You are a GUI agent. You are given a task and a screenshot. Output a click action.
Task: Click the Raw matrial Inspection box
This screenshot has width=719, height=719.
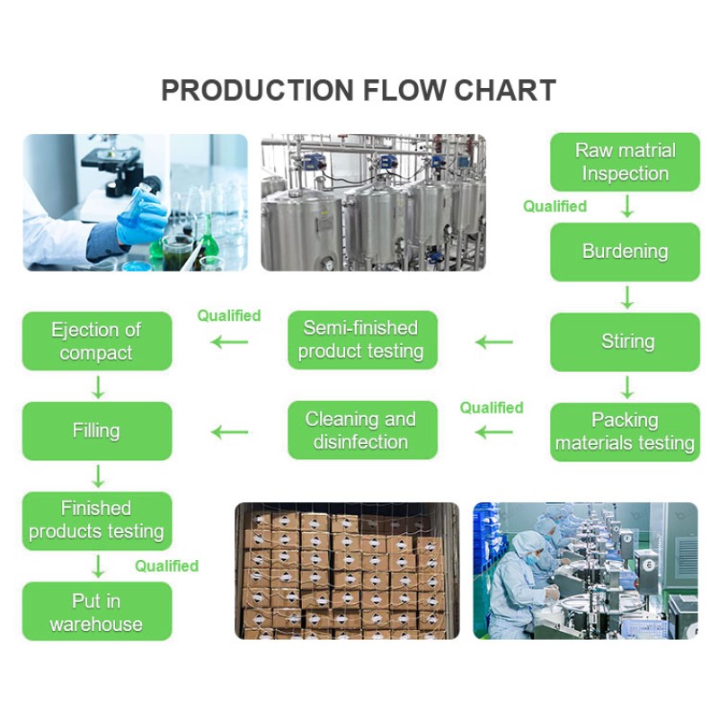pos(625,162)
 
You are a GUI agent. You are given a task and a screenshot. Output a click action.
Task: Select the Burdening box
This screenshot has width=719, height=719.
pos(625,252)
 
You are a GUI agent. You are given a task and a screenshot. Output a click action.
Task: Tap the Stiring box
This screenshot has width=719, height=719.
pos(625,342)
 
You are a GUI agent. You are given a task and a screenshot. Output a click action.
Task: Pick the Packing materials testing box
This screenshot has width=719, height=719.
pos(625,431)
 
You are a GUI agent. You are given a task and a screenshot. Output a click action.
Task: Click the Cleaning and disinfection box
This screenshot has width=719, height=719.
pos(361,431)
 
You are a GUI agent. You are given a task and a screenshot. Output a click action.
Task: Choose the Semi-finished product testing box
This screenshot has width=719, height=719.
pos(361,341)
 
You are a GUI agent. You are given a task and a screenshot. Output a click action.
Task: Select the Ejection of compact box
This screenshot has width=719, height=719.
pos(96,342)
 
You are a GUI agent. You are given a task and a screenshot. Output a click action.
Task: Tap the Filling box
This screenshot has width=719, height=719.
pos(96,431)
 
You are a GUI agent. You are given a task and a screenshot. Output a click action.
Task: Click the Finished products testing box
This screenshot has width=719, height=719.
pos(96,520)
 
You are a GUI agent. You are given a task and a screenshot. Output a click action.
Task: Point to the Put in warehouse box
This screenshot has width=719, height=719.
pos(96,612)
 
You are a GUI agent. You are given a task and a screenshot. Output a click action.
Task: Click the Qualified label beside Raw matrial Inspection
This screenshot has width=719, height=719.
pos(555,207)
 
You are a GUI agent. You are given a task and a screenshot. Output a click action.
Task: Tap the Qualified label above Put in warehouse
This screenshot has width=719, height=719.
pos(166,566)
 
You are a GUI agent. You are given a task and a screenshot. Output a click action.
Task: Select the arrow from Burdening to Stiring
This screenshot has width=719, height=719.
pos(626,297)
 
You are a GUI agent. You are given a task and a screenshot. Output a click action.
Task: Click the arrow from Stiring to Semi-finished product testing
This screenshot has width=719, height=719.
pos(493,342)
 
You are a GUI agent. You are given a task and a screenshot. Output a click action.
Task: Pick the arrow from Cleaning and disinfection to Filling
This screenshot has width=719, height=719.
pos(229,432)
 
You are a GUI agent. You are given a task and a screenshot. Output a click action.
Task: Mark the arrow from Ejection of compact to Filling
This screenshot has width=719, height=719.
pos(97,386)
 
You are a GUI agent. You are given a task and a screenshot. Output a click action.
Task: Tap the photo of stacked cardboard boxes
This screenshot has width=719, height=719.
pos(347,571)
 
